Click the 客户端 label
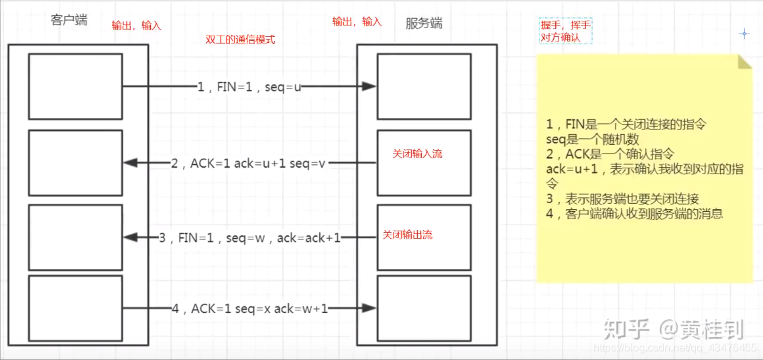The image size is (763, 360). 68,20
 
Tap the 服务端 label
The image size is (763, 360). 424,23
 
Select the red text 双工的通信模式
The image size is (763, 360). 241,40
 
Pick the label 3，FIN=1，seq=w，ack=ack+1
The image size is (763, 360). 250,238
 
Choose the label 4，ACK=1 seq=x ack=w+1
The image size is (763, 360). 249,308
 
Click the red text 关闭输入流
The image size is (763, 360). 418,154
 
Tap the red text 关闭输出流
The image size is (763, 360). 407,235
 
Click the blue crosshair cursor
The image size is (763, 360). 744,34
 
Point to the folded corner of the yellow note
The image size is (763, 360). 745,61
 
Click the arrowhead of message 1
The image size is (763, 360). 370,86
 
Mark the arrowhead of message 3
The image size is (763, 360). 129,238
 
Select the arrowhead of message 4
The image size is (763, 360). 370,308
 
